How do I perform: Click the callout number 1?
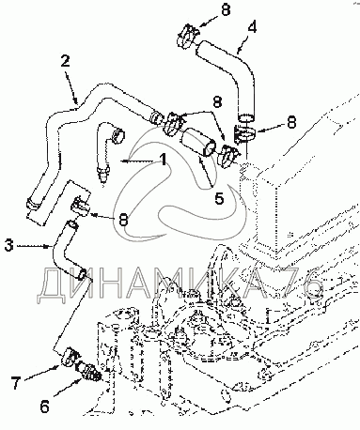(163, 159)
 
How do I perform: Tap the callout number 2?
(65, 61)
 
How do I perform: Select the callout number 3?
(9, 245)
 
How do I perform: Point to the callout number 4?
(251, 27)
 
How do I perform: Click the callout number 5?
(219, 198)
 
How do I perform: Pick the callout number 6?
(44, 407)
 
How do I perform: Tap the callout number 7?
(17, 384)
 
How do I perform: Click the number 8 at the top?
(226, 9)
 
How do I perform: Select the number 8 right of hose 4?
(291, 122)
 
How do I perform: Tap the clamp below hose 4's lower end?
(245, 134)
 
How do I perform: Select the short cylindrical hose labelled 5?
(198, 143)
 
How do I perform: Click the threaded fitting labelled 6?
(88, 371)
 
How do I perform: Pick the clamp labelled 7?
(70, 356)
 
